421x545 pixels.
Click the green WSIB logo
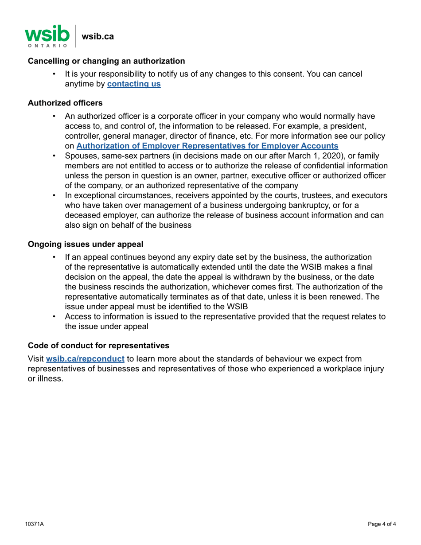click(47, 33)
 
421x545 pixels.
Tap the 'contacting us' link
click(134, 83)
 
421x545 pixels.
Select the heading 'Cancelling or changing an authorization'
click(106, 61)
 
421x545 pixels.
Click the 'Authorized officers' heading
click(65, 103)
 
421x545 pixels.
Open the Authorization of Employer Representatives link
click(207, 145)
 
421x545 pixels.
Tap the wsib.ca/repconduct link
click(85, 358)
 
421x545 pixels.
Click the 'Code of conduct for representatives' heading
click(98, 345)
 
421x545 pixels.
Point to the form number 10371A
click(34, 524)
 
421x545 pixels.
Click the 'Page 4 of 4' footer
click(382, 524)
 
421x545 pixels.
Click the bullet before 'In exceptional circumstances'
click(54, 195)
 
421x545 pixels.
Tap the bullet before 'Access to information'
click(54, 316)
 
